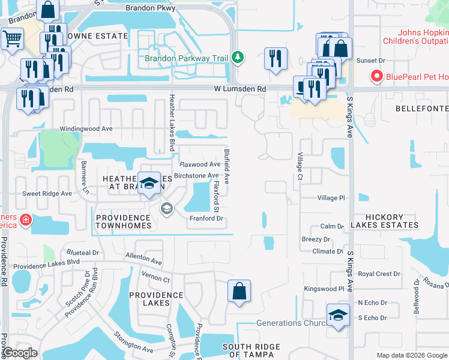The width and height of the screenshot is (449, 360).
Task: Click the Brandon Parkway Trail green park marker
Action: point(238,57)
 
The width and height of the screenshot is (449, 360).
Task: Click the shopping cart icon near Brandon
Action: point(11,38)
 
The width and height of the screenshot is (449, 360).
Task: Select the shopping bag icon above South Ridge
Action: point(239,291)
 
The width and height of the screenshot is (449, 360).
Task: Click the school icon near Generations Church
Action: point(338,315)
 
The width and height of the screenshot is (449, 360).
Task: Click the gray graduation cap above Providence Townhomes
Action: point(166,208)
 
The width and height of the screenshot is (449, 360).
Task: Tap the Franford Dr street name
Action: point(206,218)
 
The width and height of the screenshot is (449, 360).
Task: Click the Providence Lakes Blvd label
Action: point(46,263)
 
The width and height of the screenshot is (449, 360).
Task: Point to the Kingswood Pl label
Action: point(324,289)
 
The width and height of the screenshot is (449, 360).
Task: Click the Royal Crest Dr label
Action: point(379,274)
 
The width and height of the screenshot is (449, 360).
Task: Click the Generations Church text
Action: point(288,323)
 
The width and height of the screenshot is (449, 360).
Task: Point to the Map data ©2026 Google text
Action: point(411,355)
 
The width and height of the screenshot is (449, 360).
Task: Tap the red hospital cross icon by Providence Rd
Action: point(25,220)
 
